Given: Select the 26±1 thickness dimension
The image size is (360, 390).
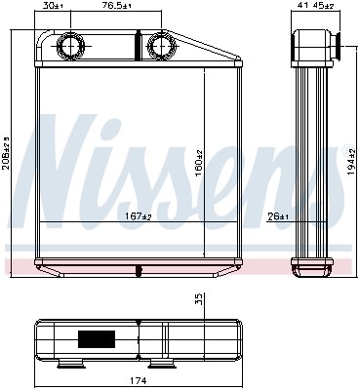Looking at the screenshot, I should click(278, 215).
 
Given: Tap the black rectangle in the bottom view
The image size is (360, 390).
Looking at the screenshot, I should click(96, 340).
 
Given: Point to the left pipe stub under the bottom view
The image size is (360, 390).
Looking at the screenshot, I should click(70, 365).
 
